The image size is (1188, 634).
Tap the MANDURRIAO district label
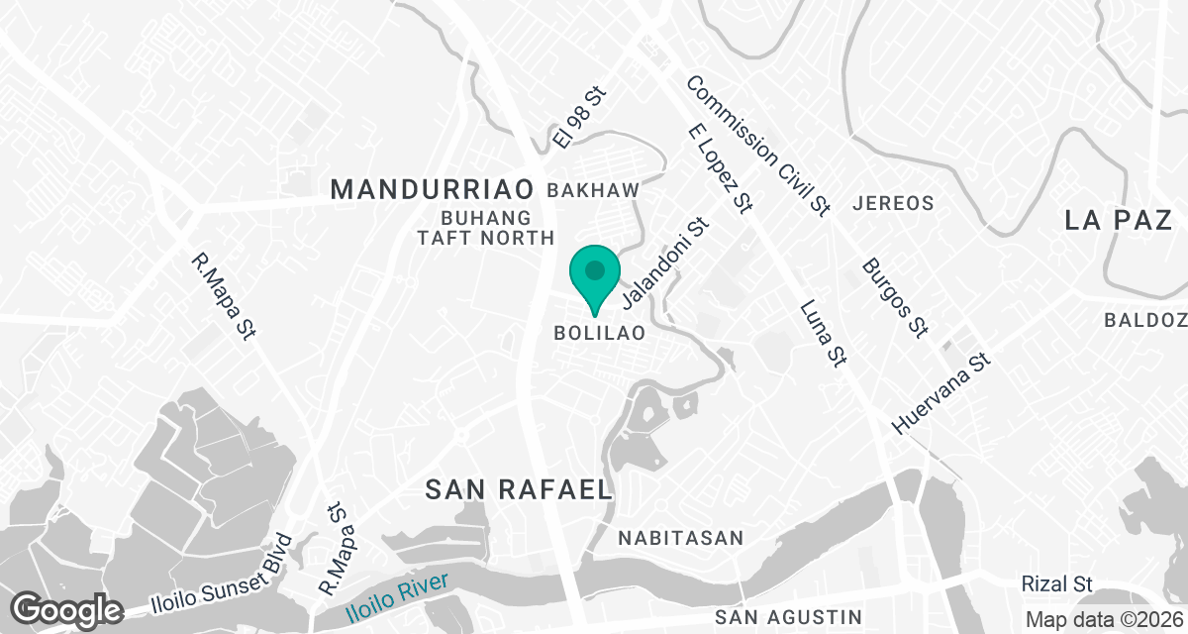point(432,188)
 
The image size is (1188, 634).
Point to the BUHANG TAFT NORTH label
point(500,228)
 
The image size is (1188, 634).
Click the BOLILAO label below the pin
point(600,334)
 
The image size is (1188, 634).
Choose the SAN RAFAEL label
point(519,488)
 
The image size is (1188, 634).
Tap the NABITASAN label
point(680,538)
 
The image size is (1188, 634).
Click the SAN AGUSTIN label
point(788,618)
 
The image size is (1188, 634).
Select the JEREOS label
point(892,203)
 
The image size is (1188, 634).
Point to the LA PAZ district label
point(1119,220)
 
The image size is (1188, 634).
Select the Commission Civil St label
point(757,145)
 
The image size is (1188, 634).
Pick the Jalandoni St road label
point(665,262)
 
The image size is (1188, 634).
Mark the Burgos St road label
point(894,296)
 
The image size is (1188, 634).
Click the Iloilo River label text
point(397,597)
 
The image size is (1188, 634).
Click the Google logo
point(66,609)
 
